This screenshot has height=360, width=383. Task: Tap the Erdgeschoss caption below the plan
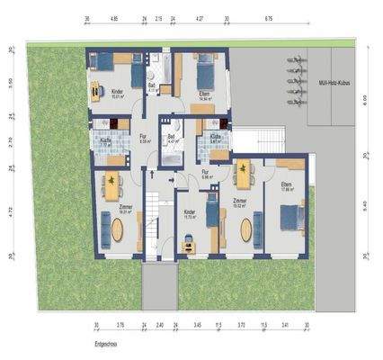pos(105,343)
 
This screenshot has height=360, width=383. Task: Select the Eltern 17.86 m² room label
pos(289,187)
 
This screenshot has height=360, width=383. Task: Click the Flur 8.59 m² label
pos(144,139)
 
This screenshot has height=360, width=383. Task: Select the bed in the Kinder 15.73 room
pos(212,214)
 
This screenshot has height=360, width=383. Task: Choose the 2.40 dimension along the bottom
pos(158,326)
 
